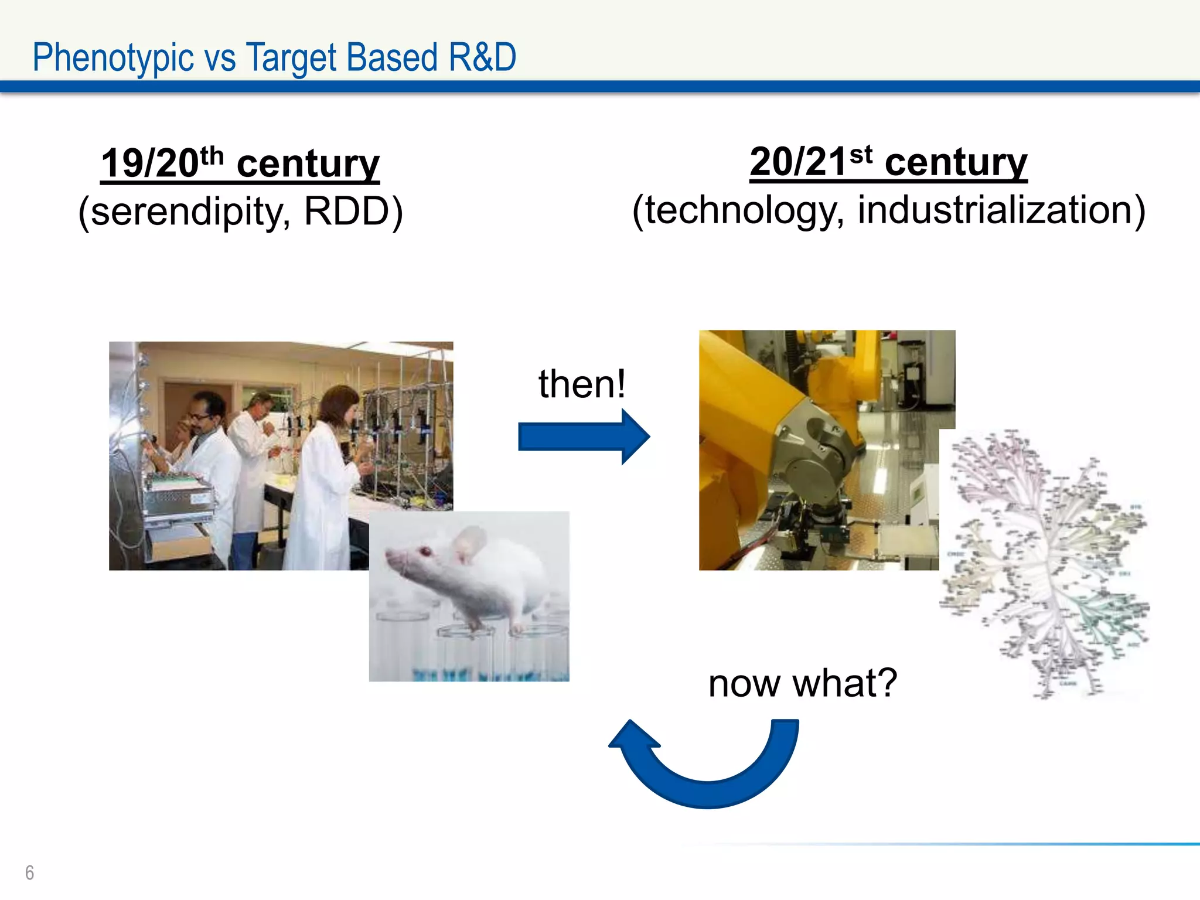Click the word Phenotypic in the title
click(x=112, y=58)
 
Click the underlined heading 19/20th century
click(x=240, y=163)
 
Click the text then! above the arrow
click(x=582, y=384)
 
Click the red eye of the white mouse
click(x=425, y=551)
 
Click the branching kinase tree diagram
click(x=1046, y=562)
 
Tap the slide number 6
click(x=30, y=872)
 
